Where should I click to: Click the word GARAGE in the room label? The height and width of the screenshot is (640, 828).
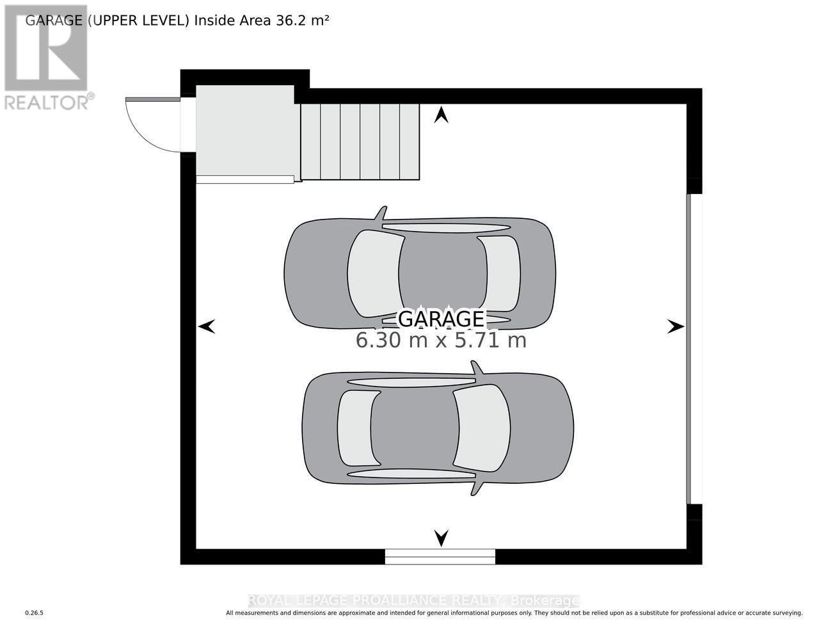(x=441, y=318)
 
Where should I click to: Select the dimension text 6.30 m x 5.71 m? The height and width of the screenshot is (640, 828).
(x=441, y=340)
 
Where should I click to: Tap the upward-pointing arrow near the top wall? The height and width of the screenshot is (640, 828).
(x=441, y=115)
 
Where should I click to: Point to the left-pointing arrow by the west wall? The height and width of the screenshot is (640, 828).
(x=206, y=327)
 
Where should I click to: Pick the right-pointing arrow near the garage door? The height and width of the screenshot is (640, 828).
(x=676, y=327)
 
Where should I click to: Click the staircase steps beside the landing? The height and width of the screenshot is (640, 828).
(x=360, y=141)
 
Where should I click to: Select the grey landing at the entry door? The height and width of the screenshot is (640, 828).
(x=245, y=131)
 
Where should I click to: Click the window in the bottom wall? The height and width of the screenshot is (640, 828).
(x=440, y=557)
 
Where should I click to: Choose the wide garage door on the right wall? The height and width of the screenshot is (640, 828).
(x=690, y=349)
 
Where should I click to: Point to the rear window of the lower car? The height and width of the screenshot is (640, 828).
(x=354, y=428)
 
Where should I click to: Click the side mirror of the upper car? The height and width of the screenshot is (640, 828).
(x=381, y=213)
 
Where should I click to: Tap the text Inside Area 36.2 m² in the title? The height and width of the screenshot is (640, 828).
(x=262, y=20)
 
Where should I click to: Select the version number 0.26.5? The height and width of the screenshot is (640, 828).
(x=34, y=613)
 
